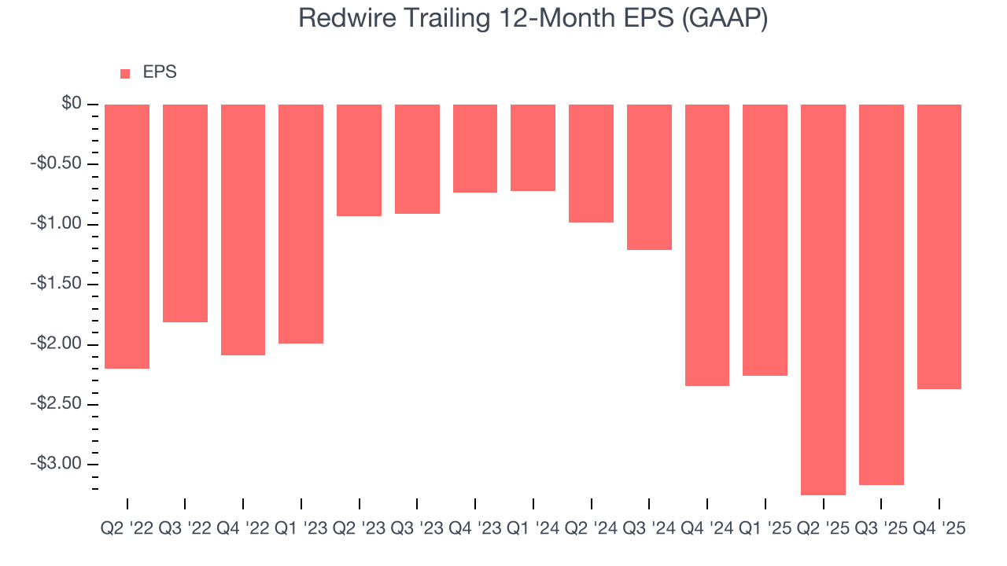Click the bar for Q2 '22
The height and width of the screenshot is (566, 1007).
(127, 236)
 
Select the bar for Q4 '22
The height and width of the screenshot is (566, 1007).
(243, 230)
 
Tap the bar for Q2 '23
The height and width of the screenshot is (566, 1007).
(359, 160)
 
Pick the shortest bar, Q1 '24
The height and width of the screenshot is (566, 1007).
(533, 148)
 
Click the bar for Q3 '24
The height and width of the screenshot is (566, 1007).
(649, 177)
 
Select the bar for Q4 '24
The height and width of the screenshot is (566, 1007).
(707, 244)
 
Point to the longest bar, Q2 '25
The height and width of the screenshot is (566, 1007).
(823, 300)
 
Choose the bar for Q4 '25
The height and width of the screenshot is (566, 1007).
(939, 246)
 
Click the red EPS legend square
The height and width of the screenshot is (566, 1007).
(125, 73)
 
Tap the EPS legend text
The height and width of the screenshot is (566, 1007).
(160, 72)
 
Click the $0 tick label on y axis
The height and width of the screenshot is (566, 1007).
(72, 104)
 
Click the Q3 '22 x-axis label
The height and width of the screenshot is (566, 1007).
(185, 529)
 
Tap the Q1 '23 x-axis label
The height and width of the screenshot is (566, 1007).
(301, 529)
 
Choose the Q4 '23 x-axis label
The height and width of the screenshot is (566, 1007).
(474, 529)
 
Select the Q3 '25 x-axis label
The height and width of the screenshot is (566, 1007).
(881, 529)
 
